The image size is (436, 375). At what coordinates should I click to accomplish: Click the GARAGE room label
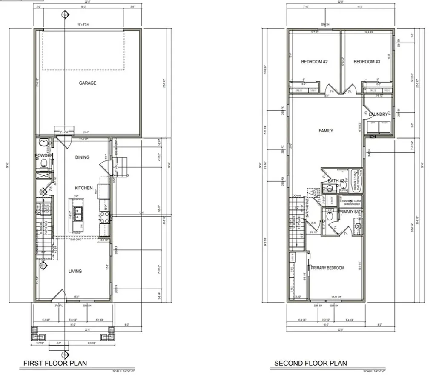[87, 83]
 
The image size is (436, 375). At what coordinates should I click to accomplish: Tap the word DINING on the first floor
[83, 157]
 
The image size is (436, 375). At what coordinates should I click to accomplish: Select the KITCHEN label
[84, 188]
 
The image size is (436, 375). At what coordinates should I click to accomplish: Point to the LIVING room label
[75, 271]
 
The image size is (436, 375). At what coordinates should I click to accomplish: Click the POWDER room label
[44, 156]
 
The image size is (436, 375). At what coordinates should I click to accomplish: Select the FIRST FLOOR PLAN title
[54, 363]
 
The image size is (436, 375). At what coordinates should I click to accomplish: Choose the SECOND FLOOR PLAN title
[310, 363]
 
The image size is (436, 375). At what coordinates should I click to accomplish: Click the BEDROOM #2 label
[314, 62]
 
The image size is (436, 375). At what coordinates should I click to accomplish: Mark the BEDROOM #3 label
[367, 62]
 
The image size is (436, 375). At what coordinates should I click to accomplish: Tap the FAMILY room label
[326, 131]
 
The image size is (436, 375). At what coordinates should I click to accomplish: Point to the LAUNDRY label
[379, 115]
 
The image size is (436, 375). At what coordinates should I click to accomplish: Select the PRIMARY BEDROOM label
[327, 268]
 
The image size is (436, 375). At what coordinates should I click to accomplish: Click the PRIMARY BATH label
[350, 211]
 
